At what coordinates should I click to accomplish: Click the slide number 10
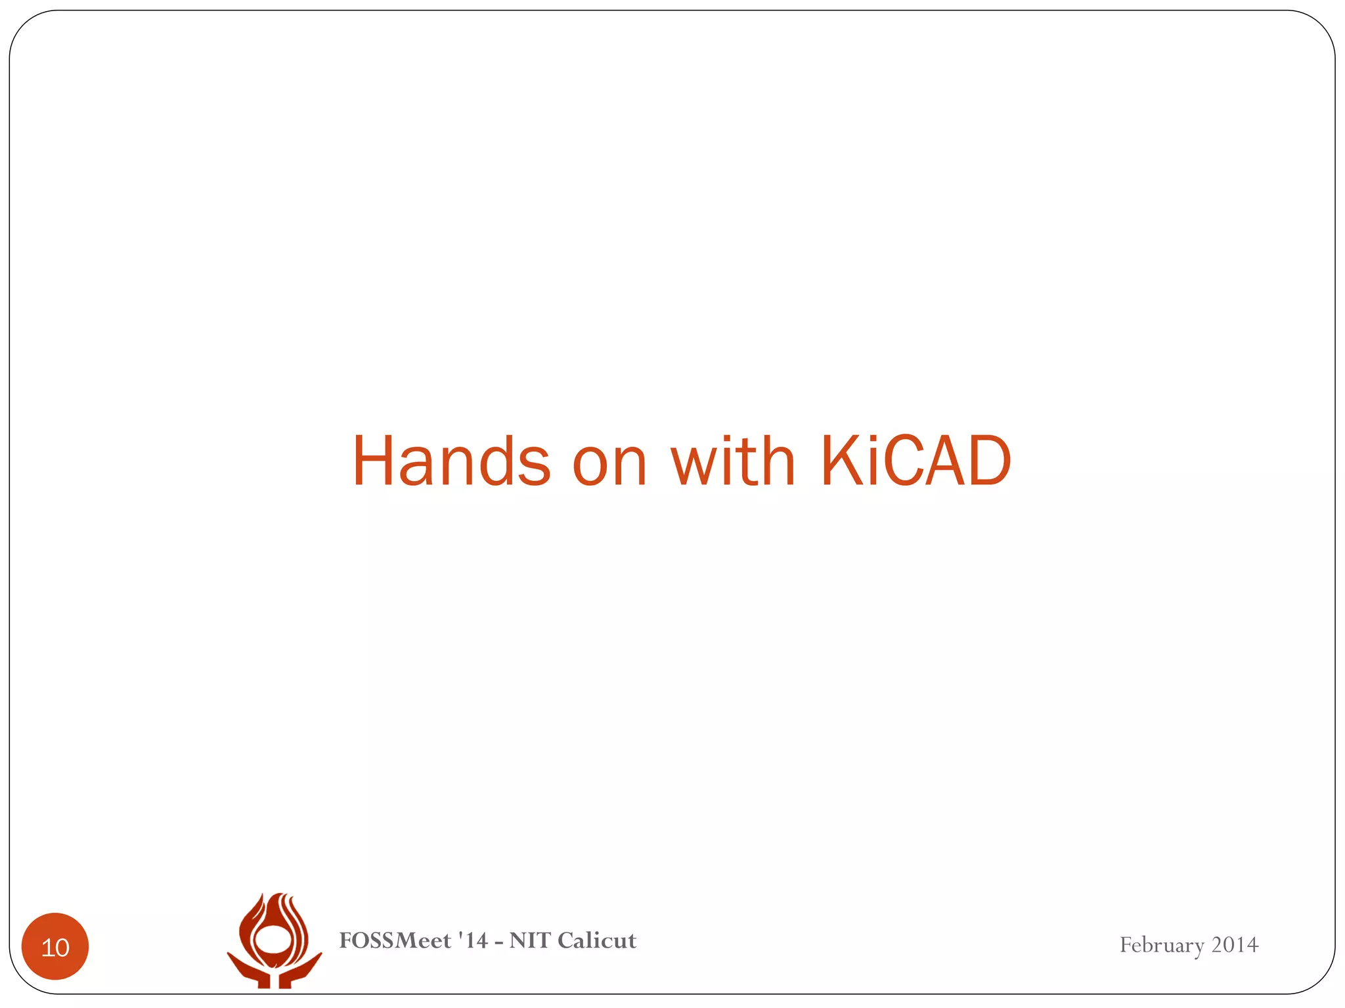55,947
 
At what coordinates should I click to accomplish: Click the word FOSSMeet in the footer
395,940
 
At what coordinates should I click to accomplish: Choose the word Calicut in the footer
596,940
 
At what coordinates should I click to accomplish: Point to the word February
1161,946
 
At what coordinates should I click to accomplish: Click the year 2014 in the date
1235,944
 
